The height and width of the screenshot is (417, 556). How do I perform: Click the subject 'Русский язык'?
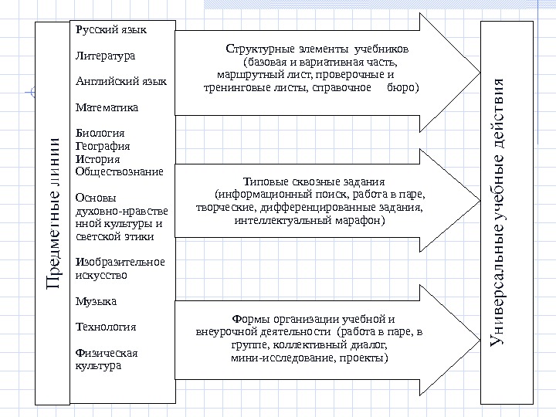111,30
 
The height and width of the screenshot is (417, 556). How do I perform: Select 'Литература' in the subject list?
106,56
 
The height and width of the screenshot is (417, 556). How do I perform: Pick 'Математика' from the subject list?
107,107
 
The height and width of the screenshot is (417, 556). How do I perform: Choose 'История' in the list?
98,158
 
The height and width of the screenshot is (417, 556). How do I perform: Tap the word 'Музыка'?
97,300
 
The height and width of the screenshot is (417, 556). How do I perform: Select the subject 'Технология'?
106,327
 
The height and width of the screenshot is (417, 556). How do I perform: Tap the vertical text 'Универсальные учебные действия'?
500,212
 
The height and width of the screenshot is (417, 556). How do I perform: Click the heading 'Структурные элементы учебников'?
317,49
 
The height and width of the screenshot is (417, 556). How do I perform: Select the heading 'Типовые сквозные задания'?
314,181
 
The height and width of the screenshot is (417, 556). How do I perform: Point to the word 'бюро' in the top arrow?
398,88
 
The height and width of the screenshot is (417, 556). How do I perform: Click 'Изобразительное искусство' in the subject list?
120,268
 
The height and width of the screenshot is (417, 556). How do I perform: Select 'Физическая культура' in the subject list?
107,359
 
